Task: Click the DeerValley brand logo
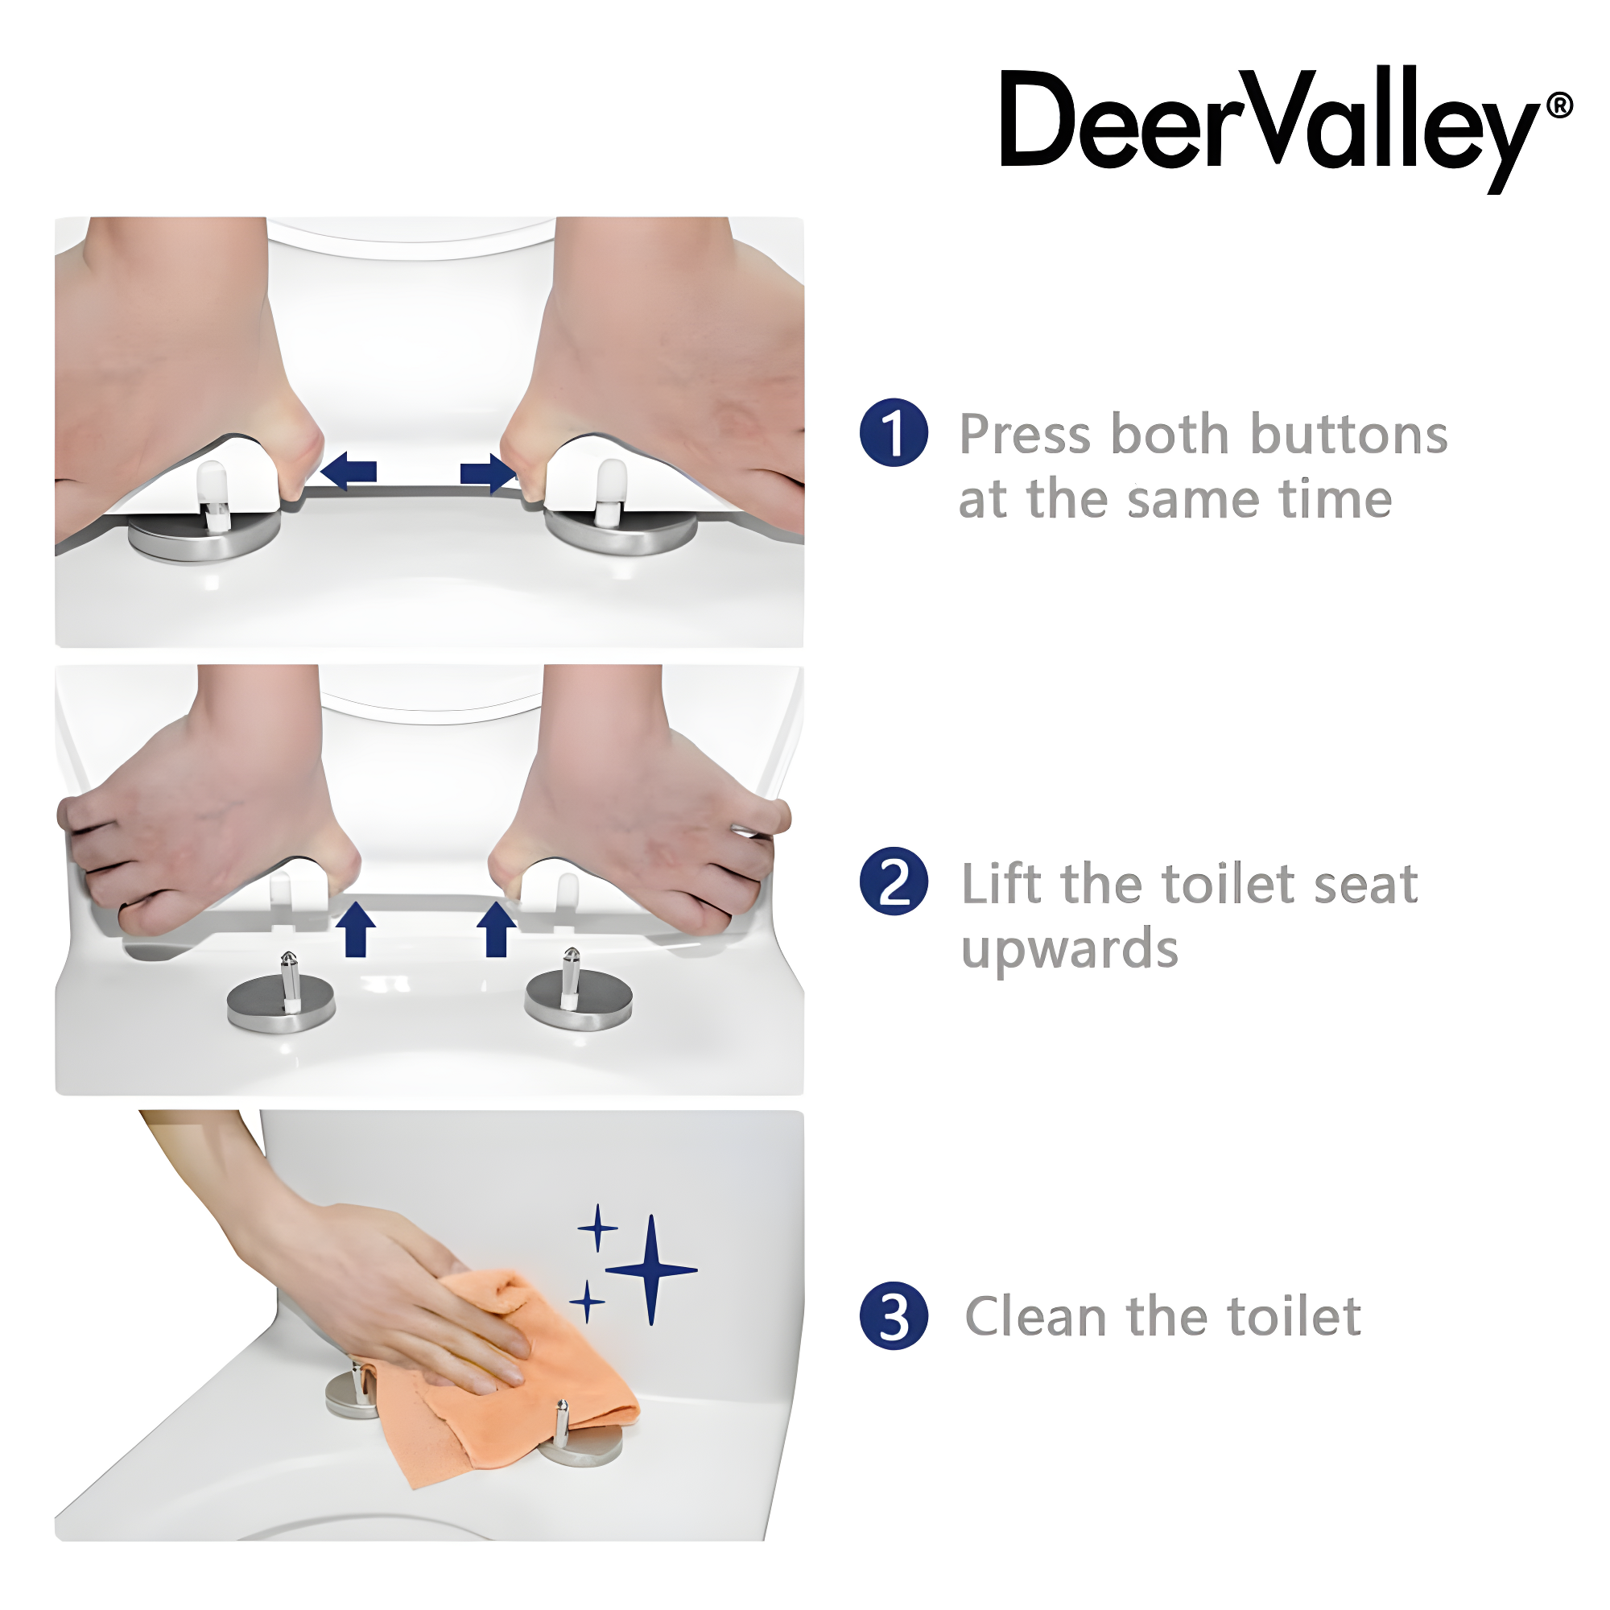tap(1266, 125)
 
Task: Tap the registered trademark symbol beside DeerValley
tap(1559, 105)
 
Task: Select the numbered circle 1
tap(894, 432)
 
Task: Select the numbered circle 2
tap(894, 881)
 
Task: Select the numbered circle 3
tap(894, 1316)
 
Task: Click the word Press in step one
tap(1025, 435)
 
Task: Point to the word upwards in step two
tap(1069, 950)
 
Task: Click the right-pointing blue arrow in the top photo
tap(488, 473)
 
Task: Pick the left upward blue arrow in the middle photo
tap(356, 929)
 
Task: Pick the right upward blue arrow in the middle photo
tap(497, 929)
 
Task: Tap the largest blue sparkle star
tap(652, 1270)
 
